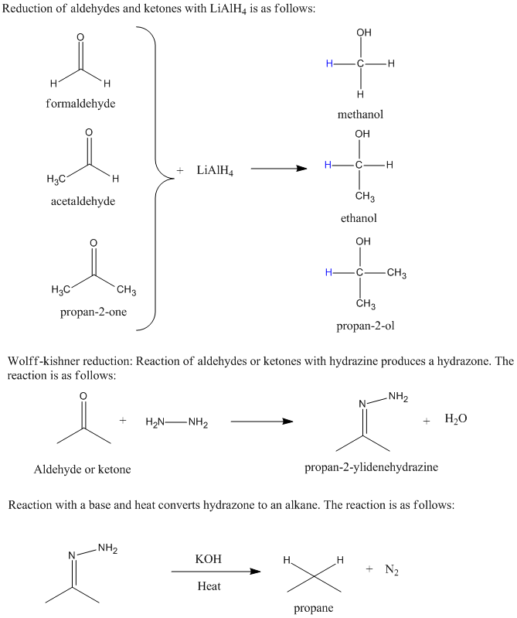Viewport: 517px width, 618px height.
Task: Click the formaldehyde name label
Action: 80,104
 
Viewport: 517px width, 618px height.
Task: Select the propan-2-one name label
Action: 94,312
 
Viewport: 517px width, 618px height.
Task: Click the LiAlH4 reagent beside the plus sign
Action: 216,170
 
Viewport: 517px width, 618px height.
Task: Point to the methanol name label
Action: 360,114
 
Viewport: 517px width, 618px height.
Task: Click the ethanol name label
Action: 359,218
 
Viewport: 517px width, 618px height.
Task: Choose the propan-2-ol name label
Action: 365,326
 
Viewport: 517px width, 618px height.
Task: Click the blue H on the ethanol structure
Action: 328,165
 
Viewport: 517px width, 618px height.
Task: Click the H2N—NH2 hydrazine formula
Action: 176,422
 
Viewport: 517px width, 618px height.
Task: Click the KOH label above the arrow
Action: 209,558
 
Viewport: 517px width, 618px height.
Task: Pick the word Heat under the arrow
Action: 209,586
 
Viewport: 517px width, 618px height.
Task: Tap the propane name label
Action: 313,608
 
